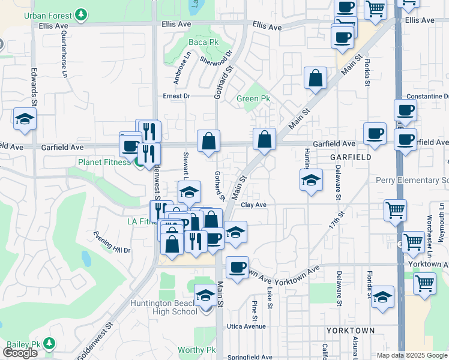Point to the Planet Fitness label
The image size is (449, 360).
point(103,162)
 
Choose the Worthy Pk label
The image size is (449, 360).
point(196,350)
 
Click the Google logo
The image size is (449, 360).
point(20,352)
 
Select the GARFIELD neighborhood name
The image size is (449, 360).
point(350,157)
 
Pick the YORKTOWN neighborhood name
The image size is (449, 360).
point(350,331)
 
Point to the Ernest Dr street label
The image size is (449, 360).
point(176,96)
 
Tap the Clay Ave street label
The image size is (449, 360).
point(253,205)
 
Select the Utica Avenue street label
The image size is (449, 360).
point(246,326)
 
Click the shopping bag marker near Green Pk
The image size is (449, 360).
point(315,78)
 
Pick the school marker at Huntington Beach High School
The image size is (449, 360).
point(205,295)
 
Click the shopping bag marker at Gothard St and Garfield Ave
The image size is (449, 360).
point(208,142)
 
